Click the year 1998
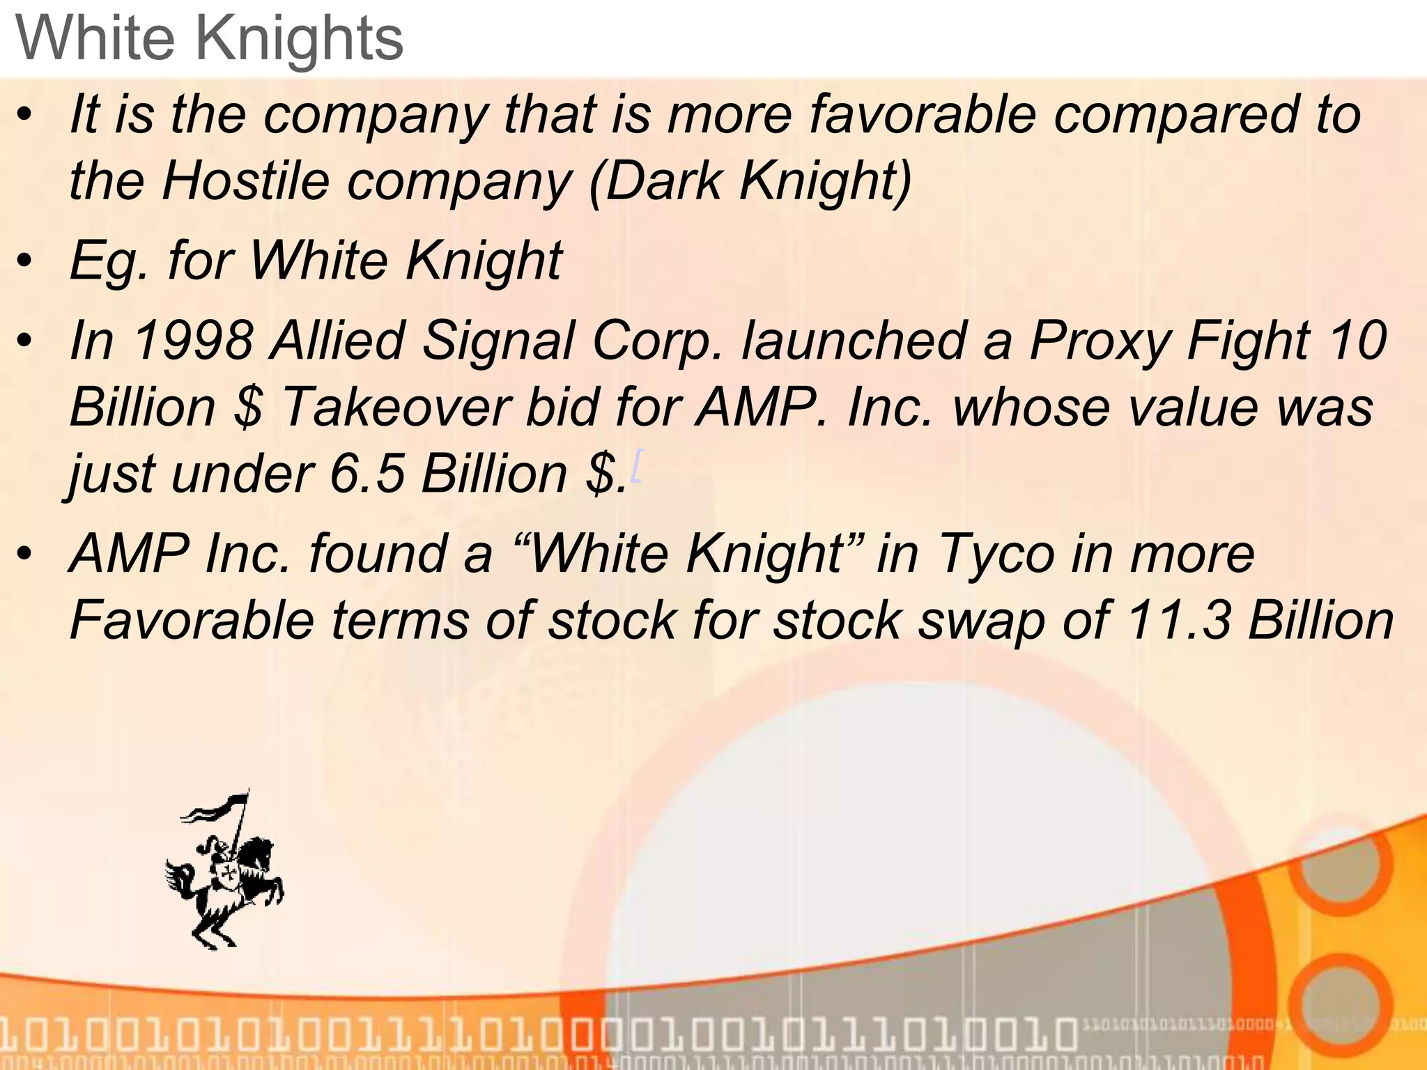coord(192,341)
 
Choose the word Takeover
coord(396,407)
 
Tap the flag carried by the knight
coord(216,808)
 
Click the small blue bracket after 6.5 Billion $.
coord(636,465)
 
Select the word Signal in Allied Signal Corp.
coord(498,341)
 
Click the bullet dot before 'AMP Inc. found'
coord(25,555)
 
